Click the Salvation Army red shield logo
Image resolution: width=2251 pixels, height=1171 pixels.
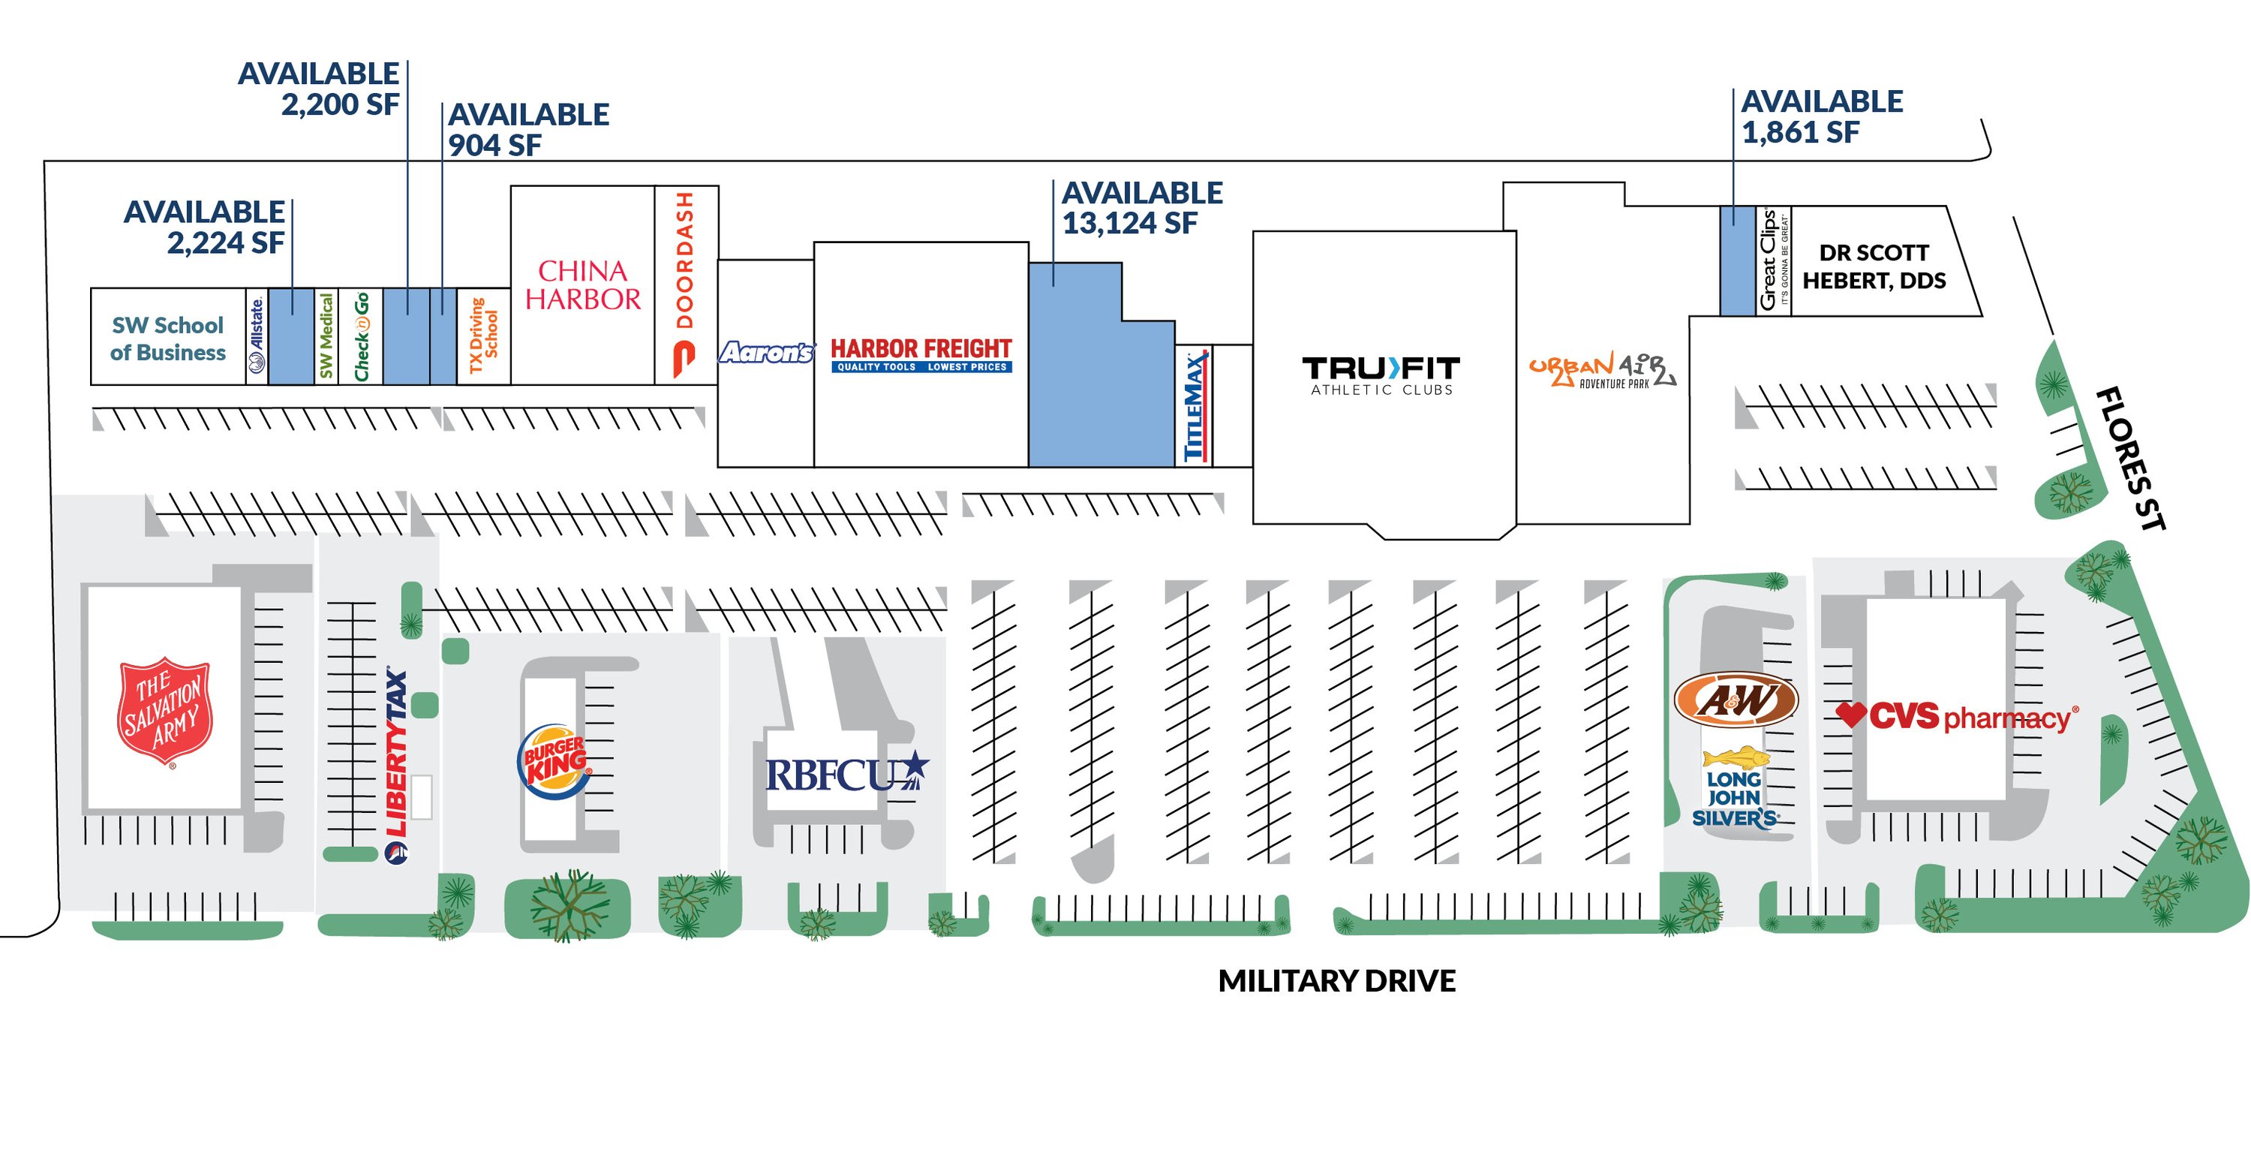(x=165, y=712)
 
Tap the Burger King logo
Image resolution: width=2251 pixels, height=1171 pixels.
(x=556, y=759)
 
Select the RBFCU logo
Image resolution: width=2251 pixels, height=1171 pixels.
(x=846, y=772)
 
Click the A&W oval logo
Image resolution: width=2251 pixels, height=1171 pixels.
(x=1736, y=699)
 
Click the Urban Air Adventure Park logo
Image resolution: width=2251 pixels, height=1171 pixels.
(x=1602, y=371)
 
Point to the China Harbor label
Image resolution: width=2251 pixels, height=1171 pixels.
(x=583, y=285)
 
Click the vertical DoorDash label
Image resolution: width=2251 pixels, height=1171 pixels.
(x=685, y=284)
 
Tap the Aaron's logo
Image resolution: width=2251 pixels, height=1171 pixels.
(x=766, y=352)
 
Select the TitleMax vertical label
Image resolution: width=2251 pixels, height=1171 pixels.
(x=1195, y=405)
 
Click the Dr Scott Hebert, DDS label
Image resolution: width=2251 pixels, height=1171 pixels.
(x=1874, y=266)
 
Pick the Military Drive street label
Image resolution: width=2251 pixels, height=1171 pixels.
(x=1337, y=980)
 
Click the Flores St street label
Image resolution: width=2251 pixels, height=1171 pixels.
(x=2130, y=459)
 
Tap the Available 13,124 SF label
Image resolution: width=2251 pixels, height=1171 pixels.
(x=1143, y=208)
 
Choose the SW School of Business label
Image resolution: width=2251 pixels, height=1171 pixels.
(x=168, y=339)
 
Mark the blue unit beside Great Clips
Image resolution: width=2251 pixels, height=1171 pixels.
(x=1737, y=260)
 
